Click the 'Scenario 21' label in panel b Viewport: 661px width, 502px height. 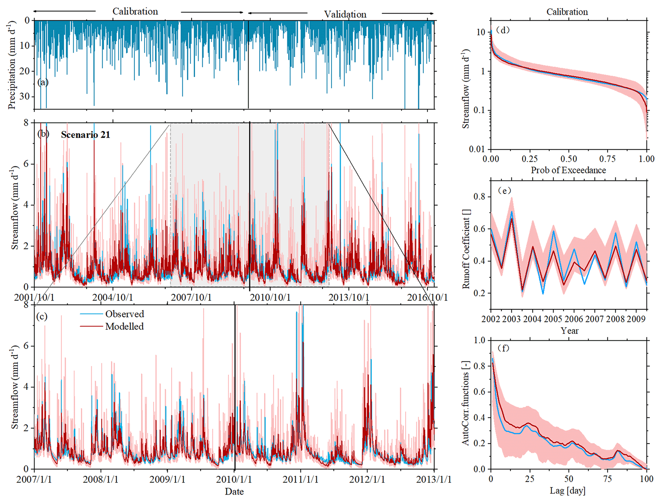point(85,135)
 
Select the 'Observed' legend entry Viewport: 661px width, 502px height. point(124,314)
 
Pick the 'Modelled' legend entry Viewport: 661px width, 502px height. point(124,327)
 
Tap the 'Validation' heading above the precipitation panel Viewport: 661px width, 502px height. point(345,14)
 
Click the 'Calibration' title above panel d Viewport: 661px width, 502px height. point(567,12)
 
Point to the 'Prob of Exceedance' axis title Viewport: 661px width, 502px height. point(568,170)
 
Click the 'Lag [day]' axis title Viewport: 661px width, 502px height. point(568,490)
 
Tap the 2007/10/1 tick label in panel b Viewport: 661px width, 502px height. point(191,297)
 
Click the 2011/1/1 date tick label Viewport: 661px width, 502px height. point(300,480)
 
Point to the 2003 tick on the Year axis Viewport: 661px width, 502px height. point(511,319)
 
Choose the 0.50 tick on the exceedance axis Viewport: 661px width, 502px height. point(569,159)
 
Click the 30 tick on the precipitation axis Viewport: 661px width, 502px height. point(24,96)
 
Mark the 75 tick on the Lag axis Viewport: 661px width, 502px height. point(607,479)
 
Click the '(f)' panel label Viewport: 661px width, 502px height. point(504,348)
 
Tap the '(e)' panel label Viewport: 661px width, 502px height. point(504,191)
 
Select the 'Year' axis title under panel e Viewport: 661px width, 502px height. point(569,330)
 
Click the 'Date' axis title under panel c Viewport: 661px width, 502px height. point(234,491)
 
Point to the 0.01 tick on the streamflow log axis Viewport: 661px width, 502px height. point(477,149)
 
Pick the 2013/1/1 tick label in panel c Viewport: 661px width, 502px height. point(433,480)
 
